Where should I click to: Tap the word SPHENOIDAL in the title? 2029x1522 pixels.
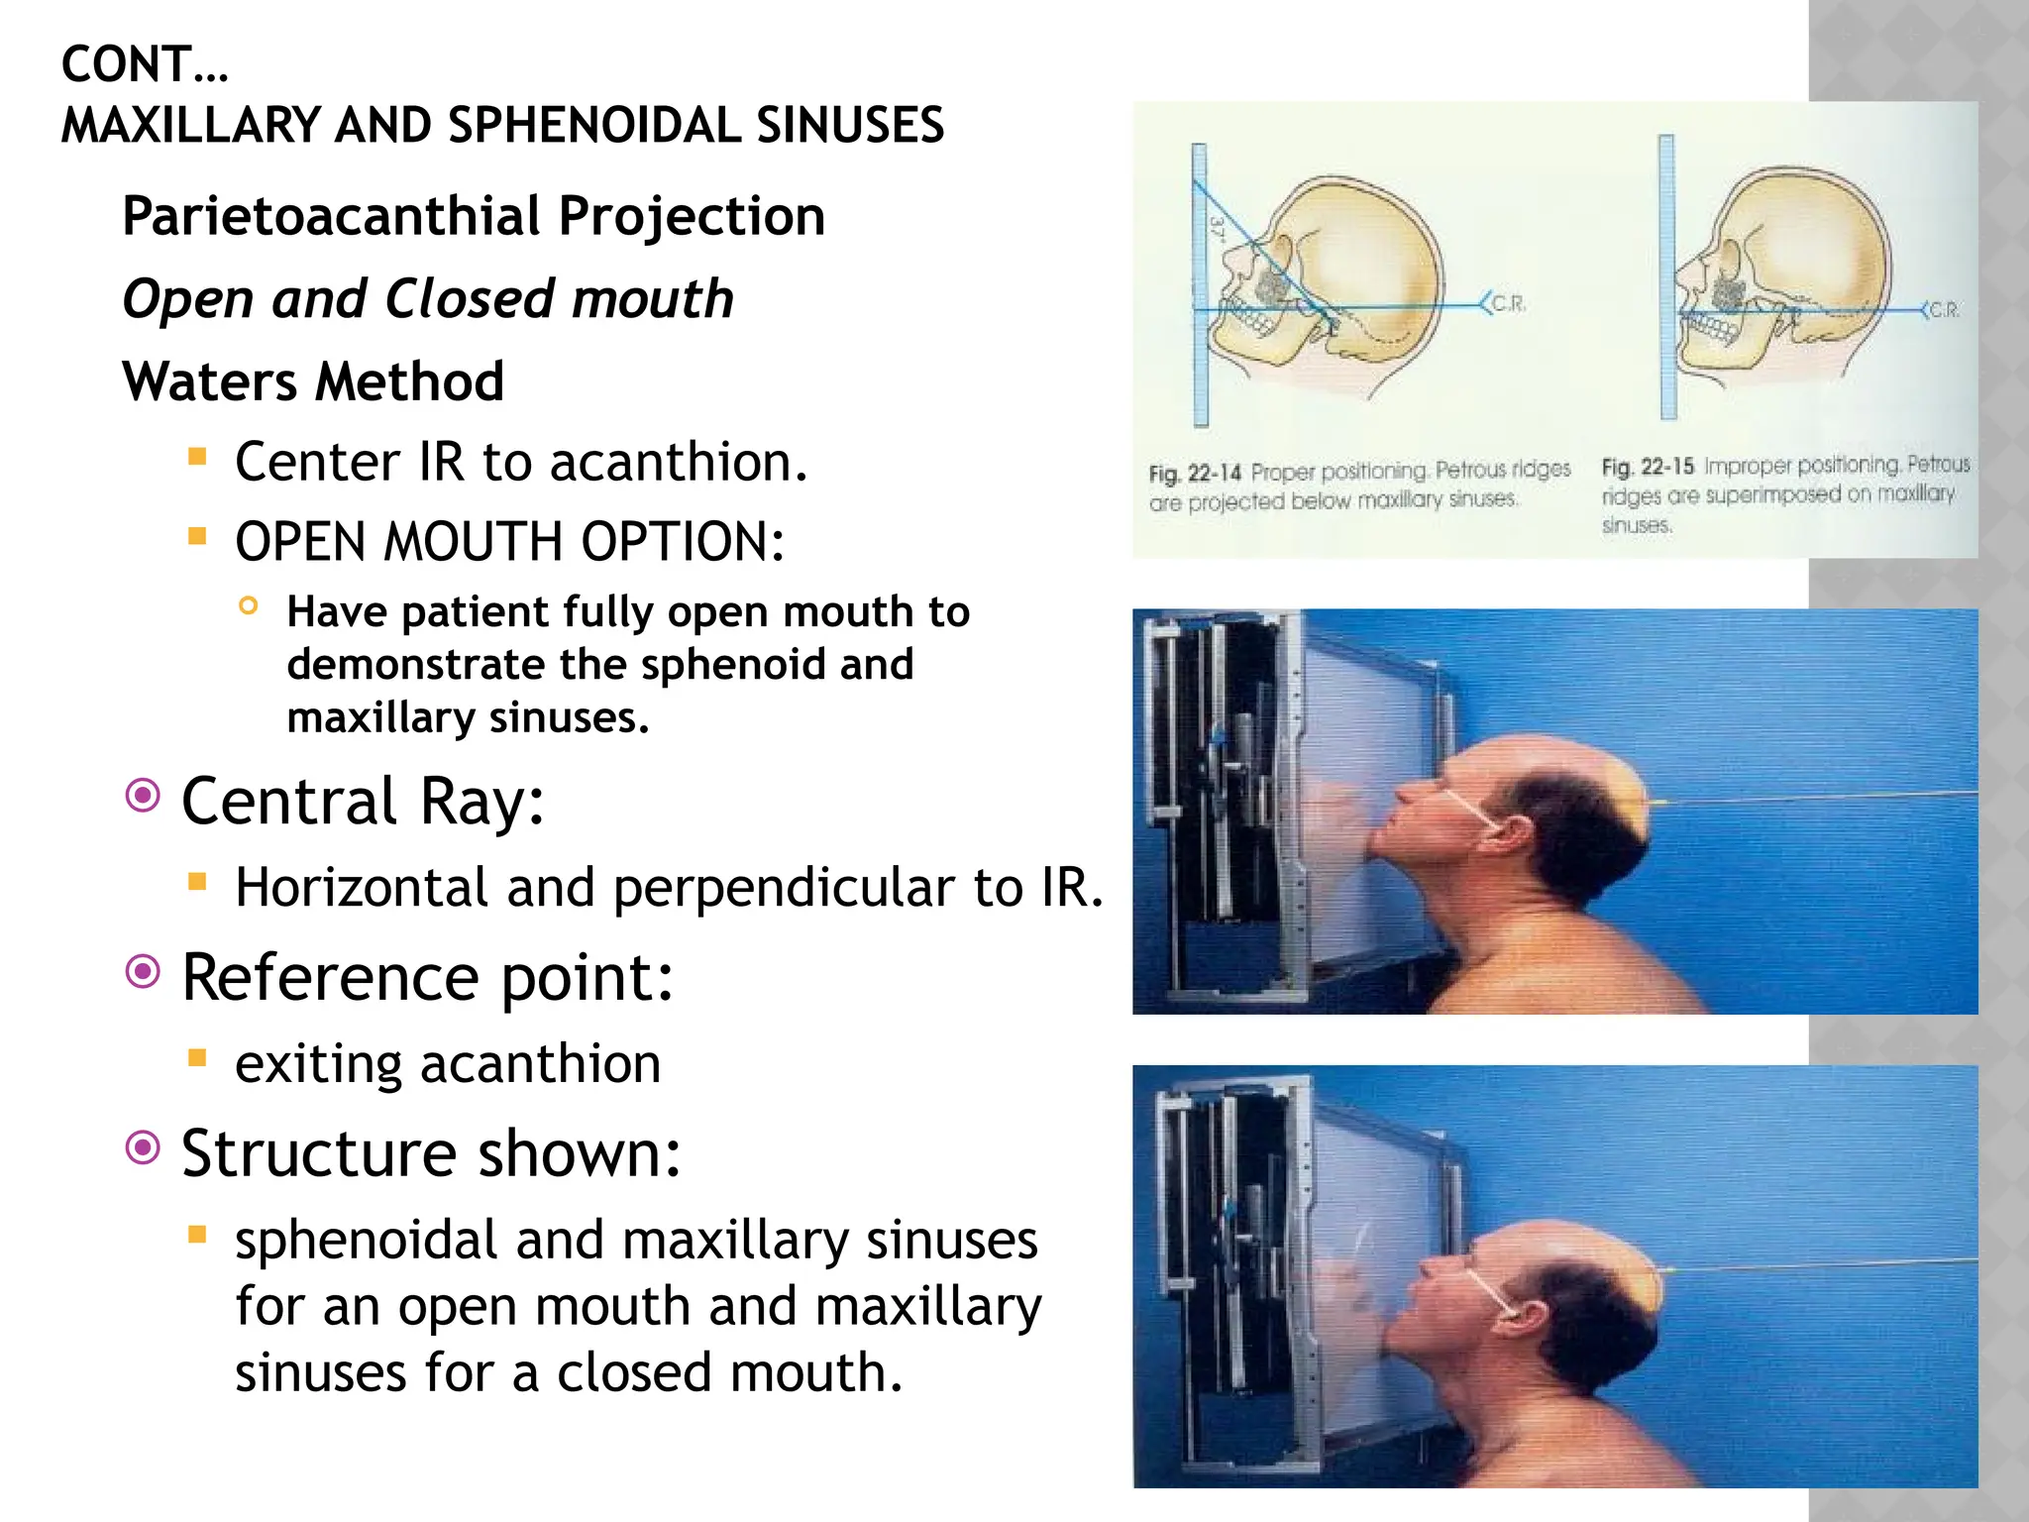pyautogui.click(x=593, y=126)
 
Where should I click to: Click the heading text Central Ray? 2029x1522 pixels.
pyautogui.click(x=363, y=801)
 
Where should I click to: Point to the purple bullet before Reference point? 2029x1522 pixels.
pyautogui.click(x=144, y=972)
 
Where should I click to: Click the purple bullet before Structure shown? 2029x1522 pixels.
pyautogui.click(x=144, y=1148)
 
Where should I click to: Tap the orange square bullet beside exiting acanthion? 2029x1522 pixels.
pyautogui.click(x=197, y=1058)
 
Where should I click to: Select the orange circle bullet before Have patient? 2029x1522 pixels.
pyautogui.click(x=249, y=605)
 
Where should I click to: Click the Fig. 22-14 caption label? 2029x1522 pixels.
pyautogui.click(x=1194, y=473)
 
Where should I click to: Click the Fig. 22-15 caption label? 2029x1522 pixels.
pyautogui.click(x=1647, y=466)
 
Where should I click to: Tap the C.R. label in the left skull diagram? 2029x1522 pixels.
pyautogui.click(x=1508, y=304)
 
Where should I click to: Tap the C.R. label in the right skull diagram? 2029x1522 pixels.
pyautogui.click(x=1944, y=310)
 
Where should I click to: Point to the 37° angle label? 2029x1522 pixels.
pyautogui.click(x=1218, y=229)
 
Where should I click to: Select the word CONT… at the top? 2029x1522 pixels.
pyautogui.click(x=145, y=65)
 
